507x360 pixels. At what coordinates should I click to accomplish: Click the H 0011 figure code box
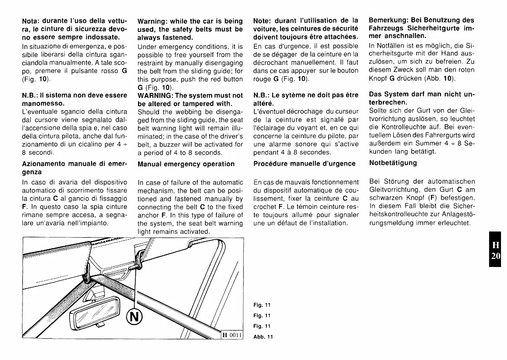[231, 335]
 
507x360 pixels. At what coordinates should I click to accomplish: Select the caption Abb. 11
[263, 337]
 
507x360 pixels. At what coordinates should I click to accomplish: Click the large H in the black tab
[495, 245]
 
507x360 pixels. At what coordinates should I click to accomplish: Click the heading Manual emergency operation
[186, 164]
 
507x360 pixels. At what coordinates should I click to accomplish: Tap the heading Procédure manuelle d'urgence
[304, 163]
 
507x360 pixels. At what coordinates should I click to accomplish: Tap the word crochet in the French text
[265, 207]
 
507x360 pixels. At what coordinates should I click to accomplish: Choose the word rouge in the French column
[262, 79]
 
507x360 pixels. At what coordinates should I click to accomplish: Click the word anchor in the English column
[148, 215]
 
